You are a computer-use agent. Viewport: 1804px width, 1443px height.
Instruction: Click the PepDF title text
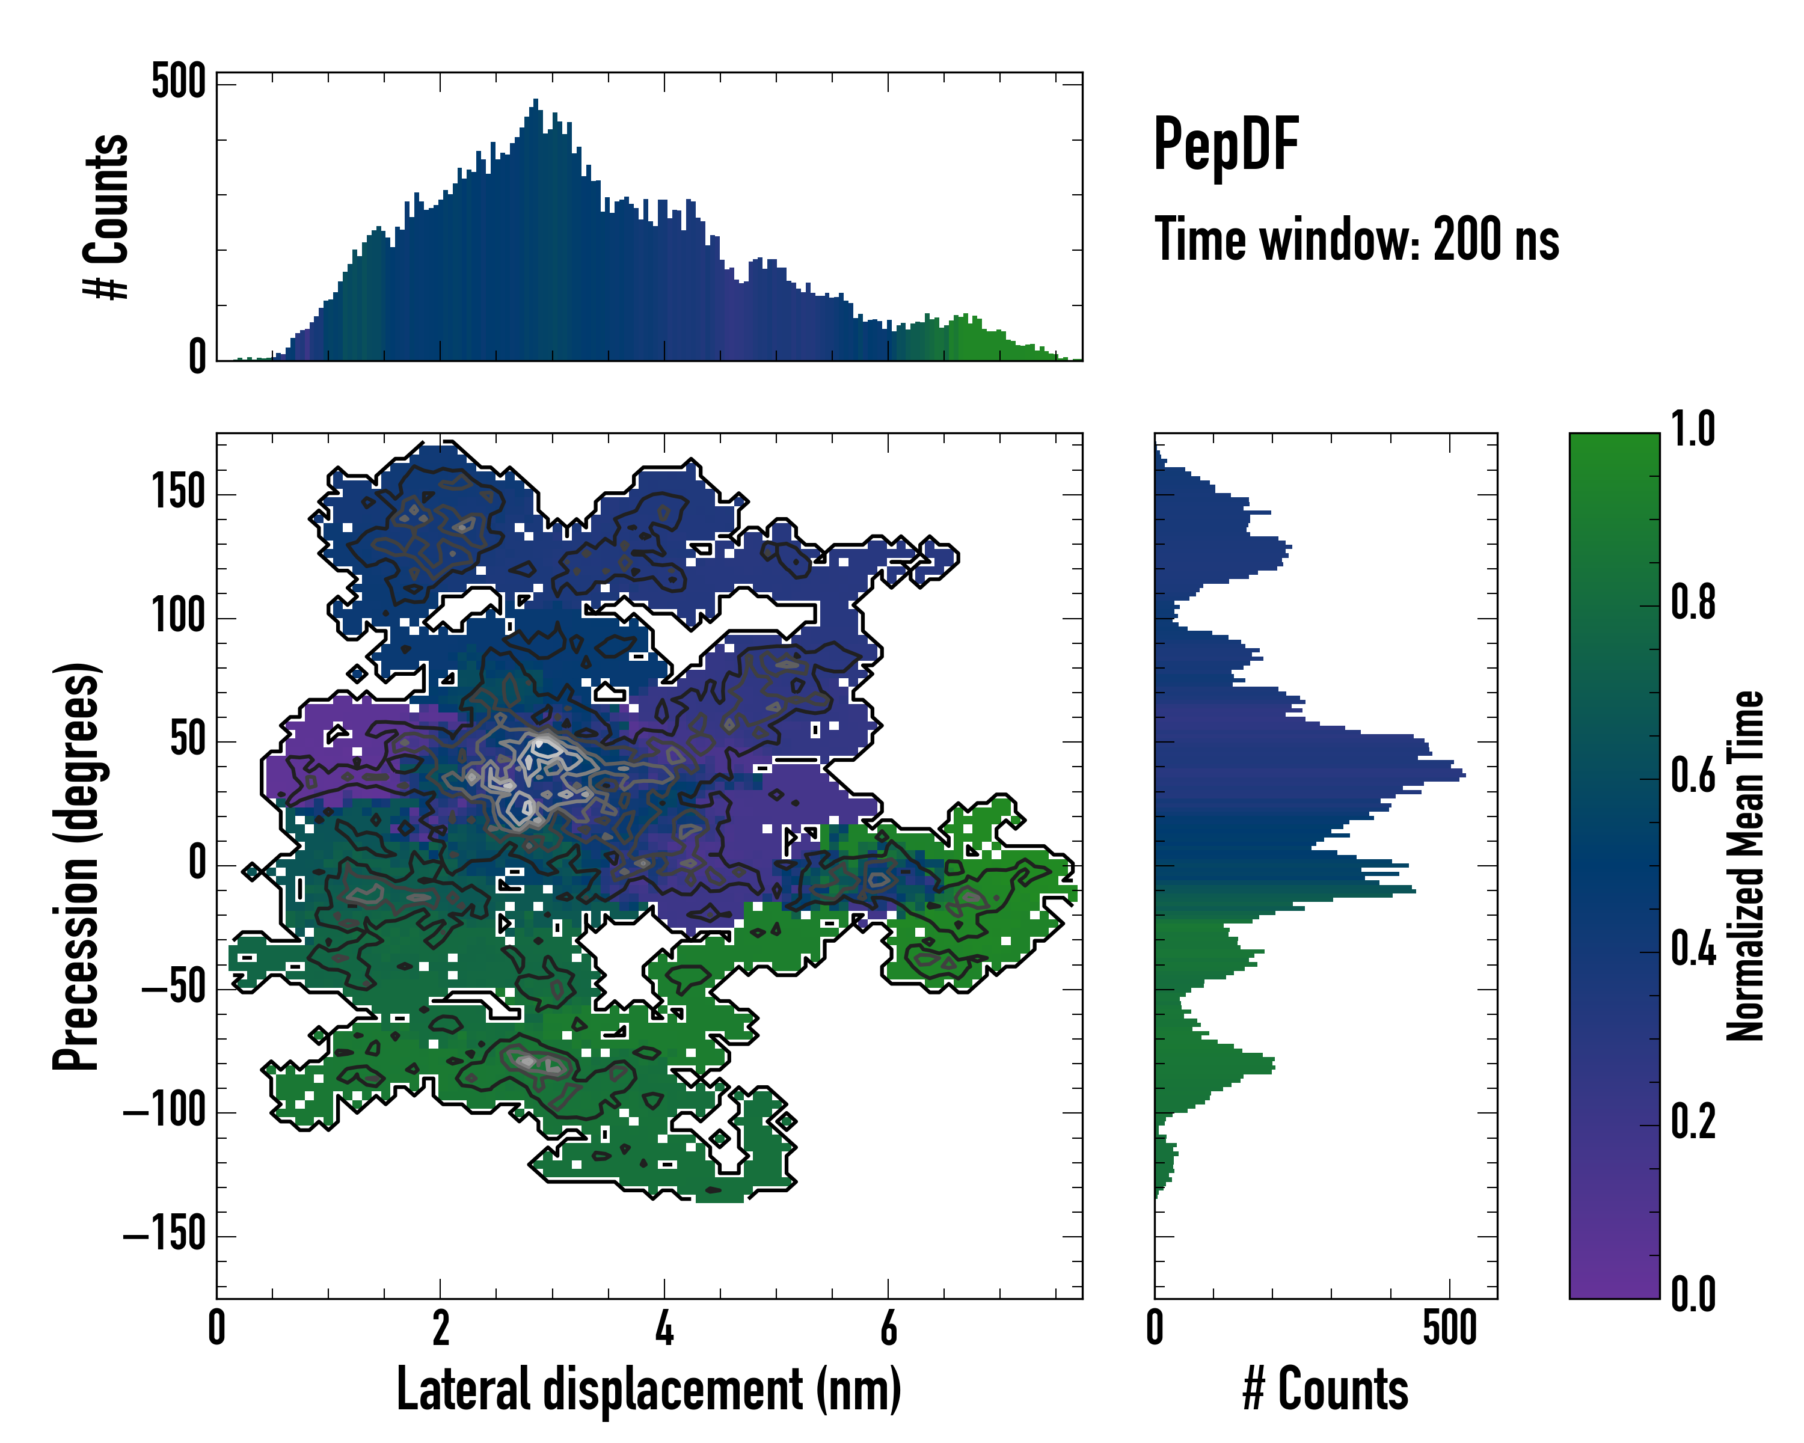[x=1225, y=146]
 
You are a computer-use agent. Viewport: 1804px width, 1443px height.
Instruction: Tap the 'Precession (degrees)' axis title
[x=77, y=865]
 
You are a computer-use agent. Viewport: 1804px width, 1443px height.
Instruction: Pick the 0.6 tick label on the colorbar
[x=1693, y=776]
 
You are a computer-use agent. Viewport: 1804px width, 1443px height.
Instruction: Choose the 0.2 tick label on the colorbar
[x=1693, y=1122]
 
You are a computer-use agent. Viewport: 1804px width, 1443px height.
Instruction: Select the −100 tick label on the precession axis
[x=164, y=1111]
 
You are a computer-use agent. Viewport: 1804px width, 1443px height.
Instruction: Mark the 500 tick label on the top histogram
[x=178, y=82]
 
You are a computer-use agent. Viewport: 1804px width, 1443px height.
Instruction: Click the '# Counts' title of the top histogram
[x=107, y=216]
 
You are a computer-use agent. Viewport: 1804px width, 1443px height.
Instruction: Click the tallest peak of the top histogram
[x=536, y=105]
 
